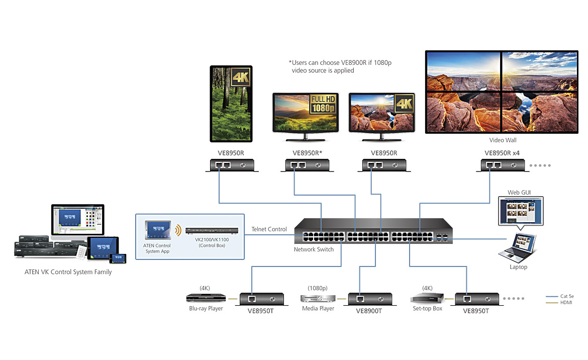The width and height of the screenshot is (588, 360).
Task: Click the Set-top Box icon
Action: pos(426,298)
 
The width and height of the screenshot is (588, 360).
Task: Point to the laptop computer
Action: pos(518,247)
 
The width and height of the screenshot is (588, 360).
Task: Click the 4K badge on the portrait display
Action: pos(239,77)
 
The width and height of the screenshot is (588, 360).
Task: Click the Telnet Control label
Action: pos(269,229)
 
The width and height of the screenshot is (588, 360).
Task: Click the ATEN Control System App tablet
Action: pos(157,231)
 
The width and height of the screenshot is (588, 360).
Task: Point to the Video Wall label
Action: pos(503,140)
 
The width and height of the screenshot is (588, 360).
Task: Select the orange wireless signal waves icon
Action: pos(178,231)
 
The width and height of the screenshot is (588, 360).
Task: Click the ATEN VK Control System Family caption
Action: pos(68,272)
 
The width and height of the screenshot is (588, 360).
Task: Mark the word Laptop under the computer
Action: pos(518,267)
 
